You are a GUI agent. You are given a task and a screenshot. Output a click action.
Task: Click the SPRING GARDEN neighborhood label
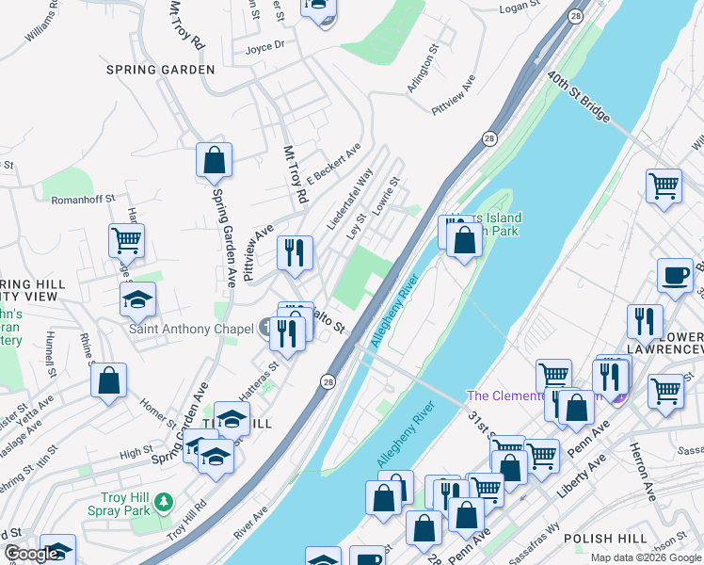coord(160,70)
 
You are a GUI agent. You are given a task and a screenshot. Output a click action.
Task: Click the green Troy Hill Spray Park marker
coord(166,500)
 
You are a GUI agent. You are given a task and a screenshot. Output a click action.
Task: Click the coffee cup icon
coord(674,275)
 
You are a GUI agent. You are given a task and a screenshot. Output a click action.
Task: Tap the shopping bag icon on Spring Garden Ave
coord(214,161)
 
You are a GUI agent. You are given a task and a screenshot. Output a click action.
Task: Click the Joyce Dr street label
coord(264,46)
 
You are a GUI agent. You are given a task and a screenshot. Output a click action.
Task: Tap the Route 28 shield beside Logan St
coord(575,16)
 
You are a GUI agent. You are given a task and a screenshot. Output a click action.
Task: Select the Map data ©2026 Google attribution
coord(645,557)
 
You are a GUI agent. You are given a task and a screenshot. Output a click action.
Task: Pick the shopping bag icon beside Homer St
coord(108,381)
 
